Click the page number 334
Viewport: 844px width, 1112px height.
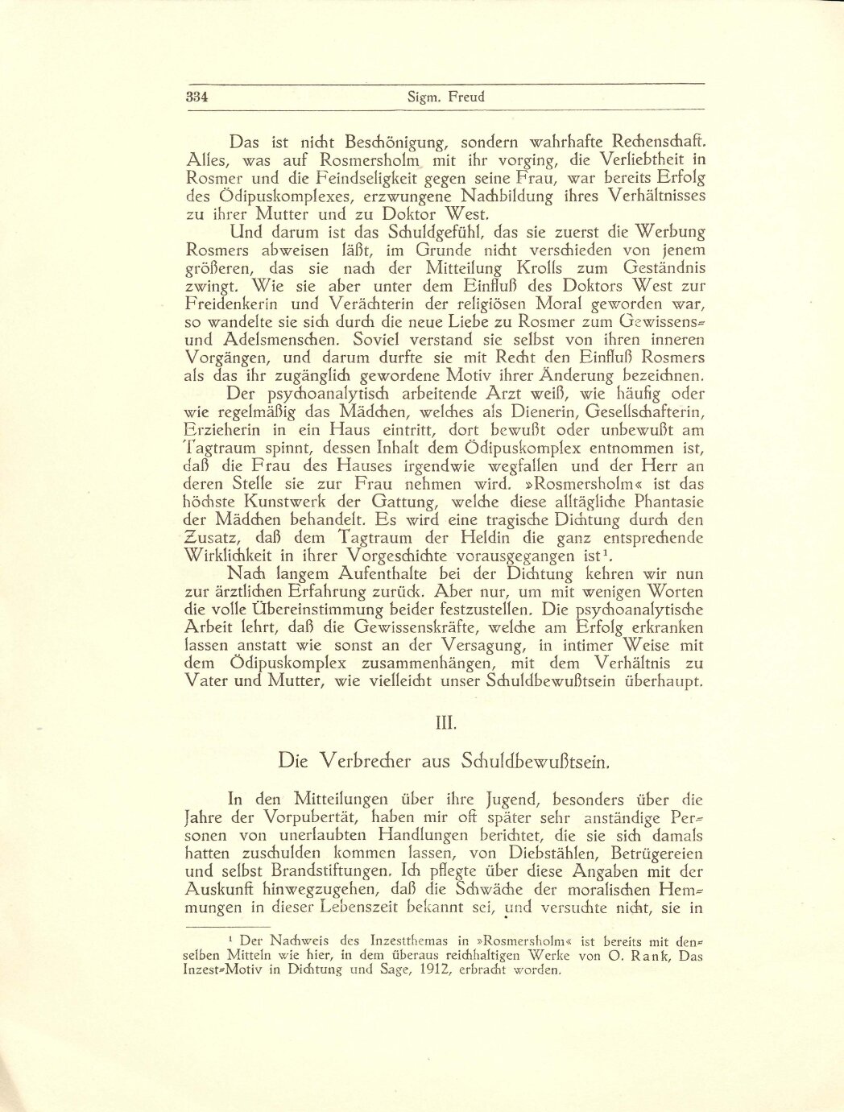point(197,97)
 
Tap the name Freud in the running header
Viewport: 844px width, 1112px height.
point(468,97)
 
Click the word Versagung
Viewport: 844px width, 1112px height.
point(537,645)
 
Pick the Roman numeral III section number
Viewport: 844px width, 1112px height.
point(445,722)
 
